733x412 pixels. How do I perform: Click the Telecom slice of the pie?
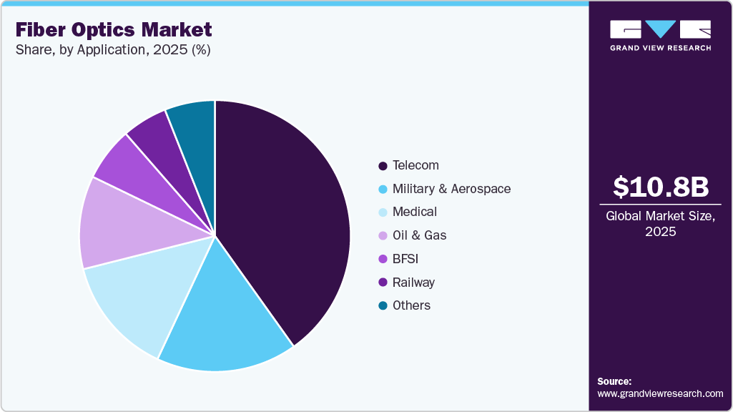286,215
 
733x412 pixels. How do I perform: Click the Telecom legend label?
415,165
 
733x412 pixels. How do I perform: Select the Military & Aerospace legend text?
451,189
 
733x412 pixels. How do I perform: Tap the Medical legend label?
414,212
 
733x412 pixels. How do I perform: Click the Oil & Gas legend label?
419,235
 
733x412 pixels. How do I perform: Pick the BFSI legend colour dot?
383,259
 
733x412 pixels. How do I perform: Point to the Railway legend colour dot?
383,283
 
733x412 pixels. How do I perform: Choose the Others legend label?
411,305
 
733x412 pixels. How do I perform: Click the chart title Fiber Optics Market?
114,29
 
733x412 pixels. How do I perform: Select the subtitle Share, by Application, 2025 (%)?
112,50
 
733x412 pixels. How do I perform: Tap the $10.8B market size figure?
661,187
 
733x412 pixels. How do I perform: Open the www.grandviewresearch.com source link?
660,393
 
